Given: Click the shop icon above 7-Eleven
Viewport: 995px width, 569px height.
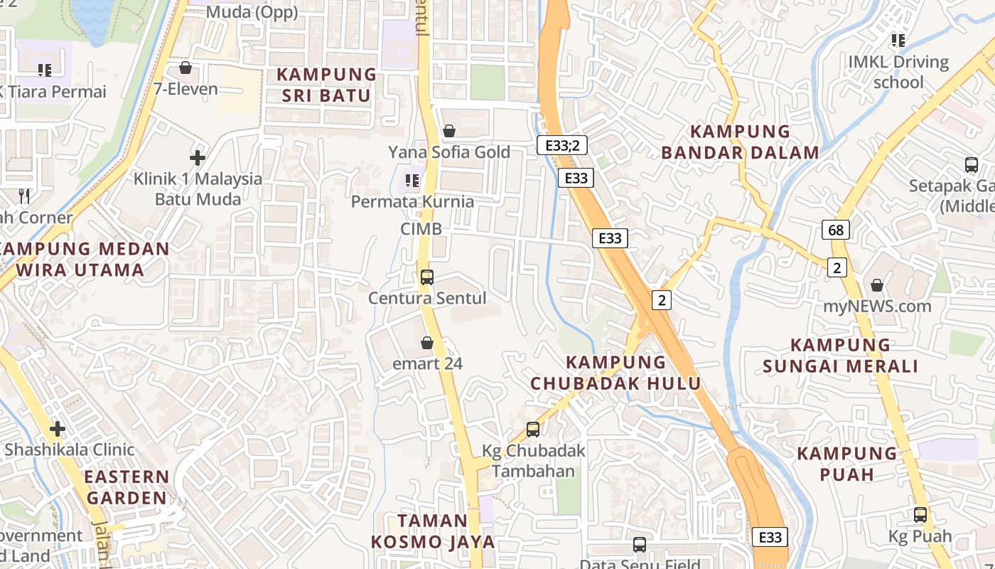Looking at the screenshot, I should coord(185,68).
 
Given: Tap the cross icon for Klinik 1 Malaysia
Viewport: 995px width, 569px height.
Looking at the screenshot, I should coord(198,157).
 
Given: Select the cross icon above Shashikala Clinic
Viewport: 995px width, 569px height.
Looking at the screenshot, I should coord(58,429).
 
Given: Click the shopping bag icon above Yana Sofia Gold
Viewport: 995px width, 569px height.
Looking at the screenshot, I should coord(448,131).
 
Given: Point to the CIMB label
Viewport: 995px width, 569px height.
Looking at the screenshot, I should coord(421,228).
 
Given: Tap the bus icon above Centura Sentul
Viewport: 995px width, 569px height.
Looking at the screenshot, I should coord(426,277).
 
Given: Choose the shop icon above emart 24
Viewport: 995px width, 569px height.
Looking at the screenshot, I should coord(427,343).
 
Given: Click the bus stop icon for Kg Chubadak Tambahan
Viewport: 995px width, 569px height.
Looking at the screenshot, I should coord(533,429).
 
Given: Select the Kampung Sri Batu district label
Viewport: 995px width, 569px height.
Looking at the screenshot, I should coord(326,85).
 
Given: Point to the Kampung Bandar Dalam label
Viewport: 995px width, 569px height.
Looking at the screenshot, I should coord(741,142).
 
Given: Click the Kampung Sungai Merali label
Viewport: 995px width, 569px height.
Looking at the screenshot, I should coord(840,356).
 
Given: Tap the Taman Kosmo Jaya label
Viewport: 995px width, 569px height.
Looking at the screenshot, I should coord(432,531).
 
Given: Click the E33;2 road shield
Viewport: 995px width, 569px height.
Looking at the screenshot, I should coord(561,145).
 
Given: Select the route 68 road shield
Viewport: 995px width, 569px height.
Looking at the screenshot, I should coord(836,230).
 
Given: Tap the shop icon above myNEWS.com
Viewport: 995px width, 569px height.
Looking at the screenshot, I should coord(877,285).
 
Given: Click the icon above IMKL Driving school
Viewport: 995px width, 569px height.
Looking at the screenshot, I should coord(898,41).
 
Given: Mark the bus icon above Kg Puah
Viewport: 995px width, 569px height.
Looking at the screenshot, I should coord(920,514).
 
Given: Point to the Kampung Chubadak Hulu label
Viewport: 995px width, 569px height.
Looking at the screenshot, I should coord(615,372).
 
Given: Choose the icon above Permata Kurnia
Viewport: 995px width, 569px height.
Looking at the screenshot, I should coord(412,181).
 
